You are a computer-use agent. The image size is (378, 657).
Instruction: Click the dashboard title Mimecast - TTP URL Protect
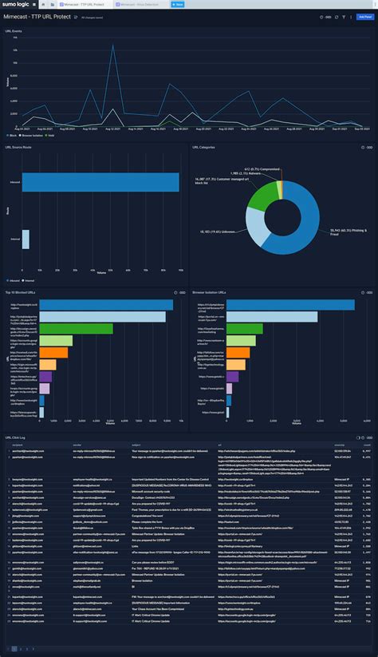(37, 16)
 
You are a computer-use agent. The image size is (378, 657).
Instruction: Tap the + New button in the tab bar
(178, 4)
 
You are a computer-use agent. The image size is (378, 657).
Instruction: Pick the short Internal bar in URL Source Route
(26, 239)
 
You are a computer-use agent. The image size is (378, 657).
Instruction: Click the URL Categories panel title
(206, 147)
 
